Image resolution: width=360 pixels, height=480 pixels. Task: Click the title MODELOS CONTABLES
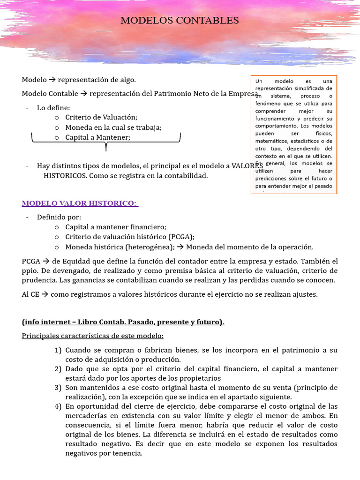tap(180, 21)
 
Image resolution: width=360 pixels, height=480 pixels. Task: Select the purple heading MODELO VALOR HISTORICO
tap(79, 203)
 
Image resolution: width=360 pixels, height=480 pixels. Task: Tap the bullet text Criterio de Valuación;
tap(101, 117)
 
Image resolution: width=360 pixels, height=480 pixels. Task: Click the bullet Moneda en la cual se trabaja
tap(113, 127)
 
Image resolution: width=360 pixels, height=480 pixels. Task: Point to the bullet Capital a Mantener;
tap(98, 137)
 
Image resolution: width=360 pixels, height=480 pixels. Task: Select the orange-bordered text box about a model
tap(294, 134)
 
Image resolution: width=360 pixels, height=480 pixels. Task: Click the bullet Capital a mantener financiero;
tap(116, 227)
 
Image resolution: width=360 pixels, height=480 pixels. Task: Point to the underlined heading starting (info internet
tap(123, 322)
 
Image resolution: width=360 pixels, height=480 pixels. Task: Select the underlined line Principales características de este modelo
tap(93, 336)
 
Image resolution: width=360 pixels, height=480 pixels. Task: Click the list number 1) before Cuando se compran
tap(58, 350)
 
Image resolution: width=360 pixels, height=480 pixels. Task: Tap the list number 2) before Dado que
tap(58, 369)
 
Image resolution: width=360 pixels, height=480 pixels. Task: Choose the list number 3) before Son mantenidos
tap(58, 388)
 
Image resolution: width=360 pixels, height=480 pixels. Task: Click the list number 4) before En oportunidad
tap(58, 406)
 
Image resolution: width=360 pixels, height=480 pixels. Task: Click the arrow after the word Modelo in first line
tap(52, 80)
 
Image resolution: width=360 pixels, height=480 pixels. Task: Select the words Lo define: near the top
tap(53, 108)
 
